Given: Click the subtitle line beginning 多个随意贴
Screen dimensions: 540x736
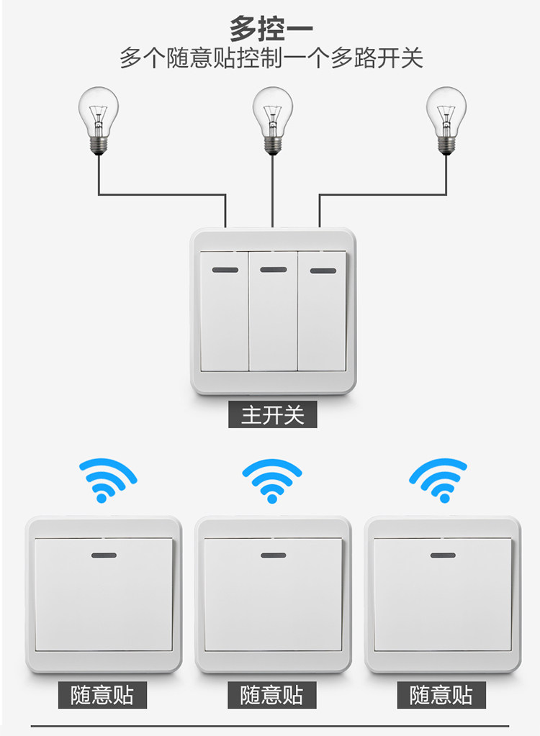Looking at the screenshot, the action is point(271,58).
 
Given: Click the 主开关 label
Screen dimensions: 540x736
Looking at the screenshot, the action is point(272,415).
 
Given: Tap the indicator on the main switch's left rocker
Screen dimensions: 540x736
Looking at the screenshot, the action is point(225,271).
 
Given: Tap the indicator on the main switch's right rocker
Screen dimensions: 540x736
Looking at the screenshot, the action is point(322,271).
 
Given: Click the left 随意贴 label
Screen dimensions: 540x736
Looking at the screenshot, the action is point(102,695).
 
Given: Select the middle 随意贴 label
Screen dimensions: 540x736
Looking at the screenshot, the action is point(271,695).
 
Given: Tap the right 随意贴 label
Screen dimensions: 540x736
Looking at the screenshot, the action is point(441,695).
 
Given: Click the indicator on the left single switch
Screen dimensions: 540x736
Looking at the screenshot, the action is point(104,555).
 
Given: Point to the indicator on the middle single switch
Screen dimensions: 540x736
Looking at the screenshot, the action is point(273,555).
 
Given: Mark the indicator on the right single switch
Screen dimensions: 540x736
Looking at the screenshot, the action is point(442,555).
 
